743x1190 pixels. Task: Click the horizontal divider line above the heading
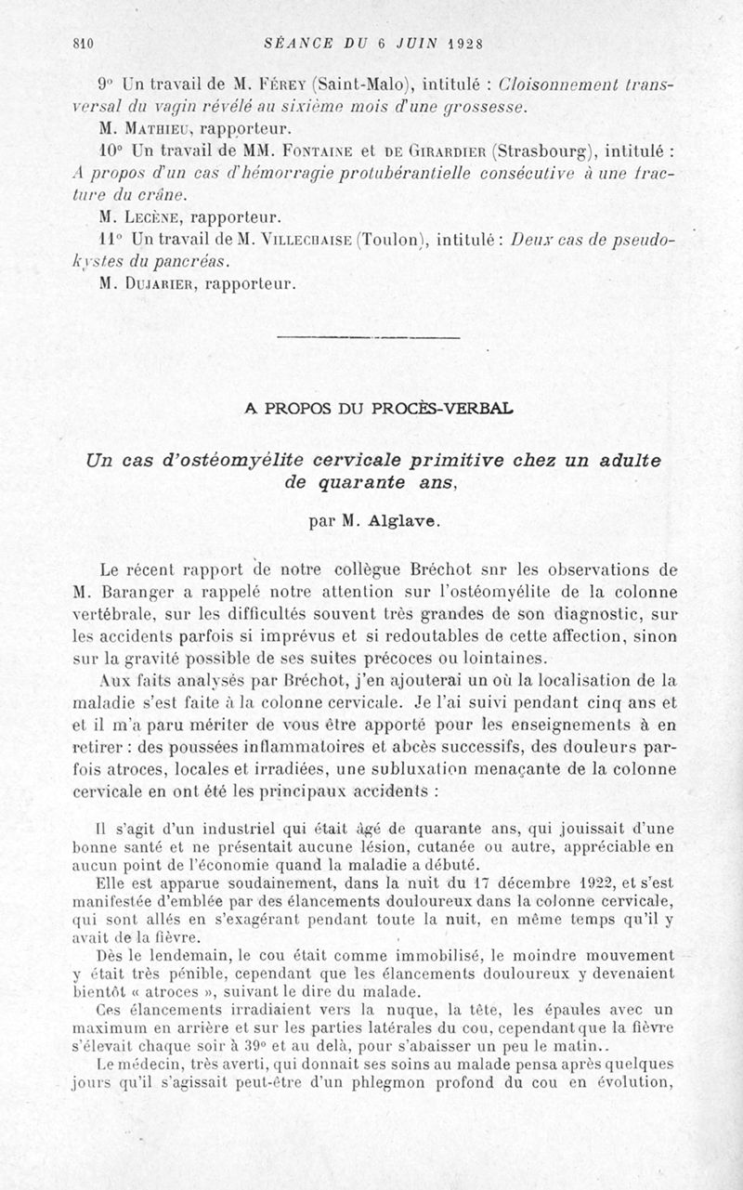[x=369, y=336]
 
